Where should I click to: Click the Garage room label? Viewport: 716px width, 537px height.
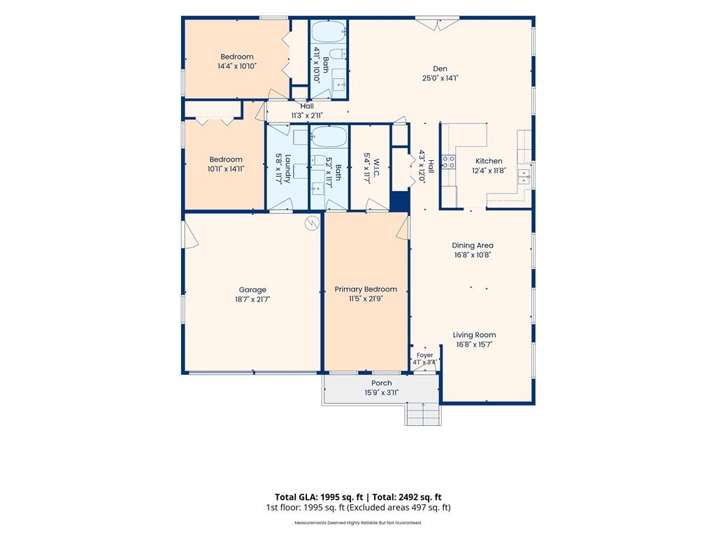point(252,289)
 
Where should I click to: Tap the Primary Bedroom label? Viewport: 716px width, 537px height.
point(366,289)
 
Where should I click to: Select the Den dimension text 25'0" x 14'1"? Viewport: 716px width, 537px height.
point(441,78)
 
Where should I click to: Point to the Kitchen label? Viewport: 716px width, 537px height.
point(489,161)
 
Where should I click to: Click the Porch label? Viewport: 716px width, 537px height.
point(381,383)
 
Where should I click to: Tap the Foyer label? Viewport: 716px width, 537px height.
point(424,355)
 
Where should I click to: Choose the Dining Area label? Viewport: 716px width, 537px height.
point(473,245)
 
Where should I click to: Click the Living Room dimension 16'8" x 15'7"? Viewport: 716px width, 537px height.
point(475,345)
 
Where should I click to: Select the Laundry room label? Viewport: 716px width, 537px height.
point(287,169)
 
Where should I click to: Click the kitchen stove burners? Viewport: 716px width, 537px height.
point(448,162)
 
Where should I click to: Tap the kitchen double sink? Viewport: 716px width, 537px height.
point(524,176)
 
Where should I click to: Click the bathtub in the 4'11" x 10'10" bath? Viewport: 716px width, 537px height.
point(329,32)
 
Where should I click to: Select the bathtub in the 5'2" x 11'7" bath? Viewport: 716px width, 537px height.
point(329,136)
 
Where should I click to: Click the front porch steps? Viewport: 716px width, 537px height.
point(423,414)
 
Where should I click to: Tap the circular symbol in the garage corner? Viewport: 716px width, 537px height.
point(312,223)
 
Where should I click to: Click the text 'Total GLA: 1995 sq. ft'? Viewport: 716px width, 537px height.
point(319,497)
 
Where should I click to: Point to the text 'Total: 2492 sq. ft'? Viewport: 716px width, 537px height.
point(408,497)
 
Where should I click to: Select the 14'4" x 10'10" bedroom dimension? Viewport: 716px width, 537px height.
point(237,66)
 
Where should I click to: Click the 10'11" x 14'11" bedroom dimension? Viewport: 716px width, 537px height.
point(226,169)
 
